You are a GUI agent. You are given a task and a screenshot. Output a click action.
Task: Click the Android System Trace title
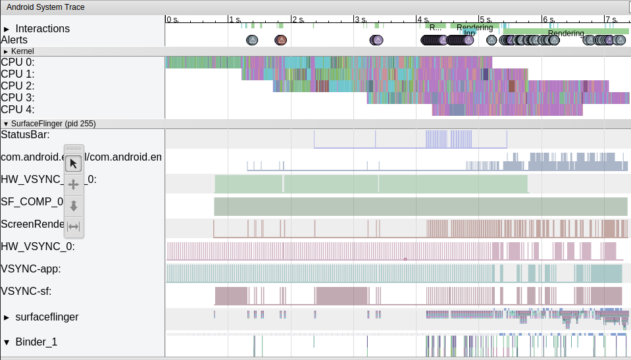pyautogui.click(x=45, y=7)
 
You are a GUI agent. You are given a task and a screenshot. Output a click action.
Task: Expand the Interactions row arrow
pyautogui.click(x=7, y=29)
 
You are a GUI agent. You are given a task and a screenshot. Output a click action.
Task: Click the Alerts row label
pyautogui.click(x=14, y=40)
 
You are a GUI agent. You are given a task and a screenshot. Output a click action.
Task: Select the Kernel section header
pyautogui.click(x=22, y=51)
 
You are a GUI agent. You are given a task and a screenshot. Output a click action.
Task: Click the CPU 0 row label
pyautogui.click(x=17, y=63)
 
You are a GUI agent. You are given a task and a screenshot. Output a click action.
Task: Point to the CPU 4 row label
pyautogui.click(x=17, y=110)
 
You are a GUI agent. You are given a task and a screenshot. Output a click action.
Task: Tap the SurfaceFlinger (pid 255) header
pyautogui.click(x=53, y=124)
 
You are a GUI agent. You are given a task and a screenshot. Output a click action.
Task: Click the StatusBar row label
pyautogui.click(x=25, y=135)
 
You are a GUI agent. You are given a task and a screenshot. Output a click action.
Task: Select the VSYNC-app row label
pyautogui.click(x=31, y=269)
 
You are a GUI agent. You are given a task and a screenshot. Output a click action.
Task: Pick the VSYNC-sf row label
pyautogui.click(x=26, y=291)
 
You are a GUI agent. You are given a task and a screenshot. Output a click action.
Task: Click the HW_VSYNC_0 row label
pyautogui.click(x=38, y=246)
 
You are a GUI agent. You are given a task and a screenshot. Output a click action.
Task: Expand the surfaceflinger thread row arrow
pyautogui.click(x=7, y=317)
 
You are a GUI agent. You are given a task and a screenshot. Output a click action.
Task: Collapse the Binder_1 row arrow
pyautogui.click(x=7, y=342)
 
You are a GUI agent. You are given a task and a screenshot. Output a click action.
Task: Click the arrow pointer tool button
pyautogui.click(x=74, y=163)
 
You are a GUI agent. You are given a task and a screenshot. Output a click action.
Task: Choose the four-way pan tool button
pyautogui.click(x=74, y=184)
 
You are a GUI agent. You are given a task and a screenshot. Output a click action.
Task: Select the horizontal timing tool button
pyautogui.click(x=74, y=227)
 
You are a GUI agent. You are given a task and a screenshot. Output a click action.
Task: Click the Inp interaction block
pyautogui.click(x=469, y=33)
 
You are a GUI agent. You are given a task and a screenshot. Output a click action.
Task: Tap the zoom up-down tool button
pyautogui.click(x=74, y=206)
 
